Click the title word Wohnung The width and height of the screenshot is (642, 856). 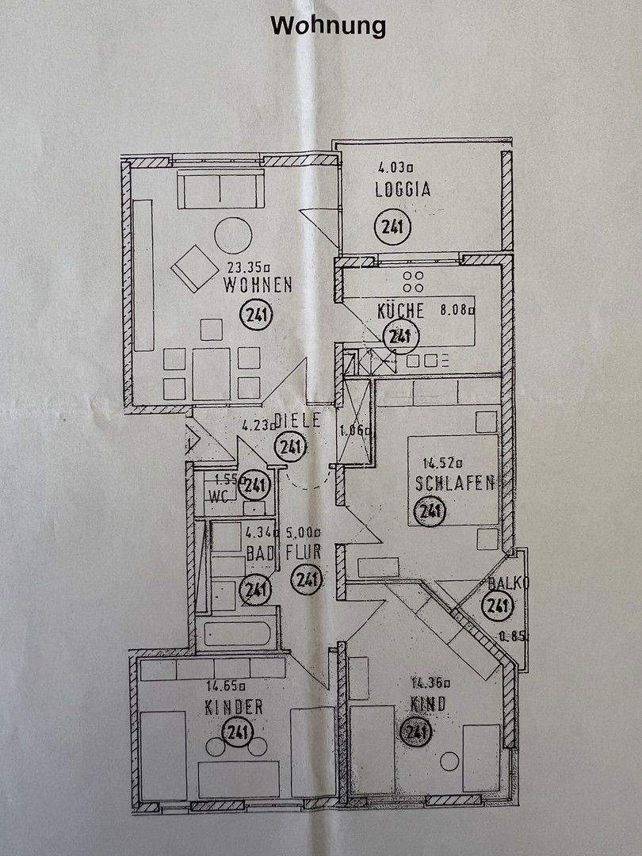click(328, 25)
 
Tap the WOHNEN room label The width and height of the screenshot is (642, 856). click(258, 285)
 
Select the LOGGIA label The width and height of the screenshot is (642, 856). click(403, 190)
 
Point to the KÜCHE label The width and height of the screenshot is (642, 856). click(401, 310)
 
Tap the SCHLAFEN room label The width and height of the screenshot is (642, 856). click(454, 482)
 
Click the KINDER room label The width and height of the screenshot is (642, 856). click(234, 707)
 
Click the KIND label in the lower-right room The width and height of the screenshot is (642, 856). click(428, 703)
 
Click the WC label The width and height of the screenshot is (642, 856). click(219, 497)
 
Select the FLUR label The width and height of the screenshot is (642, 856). click(304, 553)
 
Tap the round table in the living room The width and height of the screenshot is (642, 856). click(233, 235)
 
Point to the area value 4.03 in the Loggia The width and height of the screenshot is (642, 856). click(396, 167)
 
